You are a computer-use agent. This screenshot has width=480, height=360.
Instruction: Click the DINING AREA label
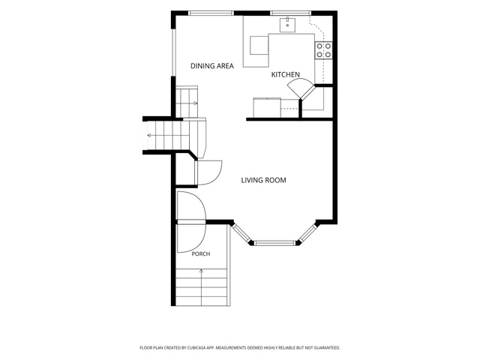[211, 66]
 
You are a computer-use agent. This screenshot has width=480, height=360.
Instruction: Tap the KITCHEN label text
[285, 74]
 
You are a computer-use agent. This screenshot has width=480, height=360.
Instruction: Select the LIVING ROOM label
[263, 180]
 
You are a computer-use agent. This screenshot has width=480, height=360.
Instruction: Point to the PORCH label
[201, 253]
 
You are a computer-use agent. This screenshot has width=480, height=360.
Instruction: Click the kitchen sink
[287, 25]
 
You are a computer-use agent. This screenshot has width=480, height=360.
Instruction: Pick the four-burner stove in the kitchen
[323, 50]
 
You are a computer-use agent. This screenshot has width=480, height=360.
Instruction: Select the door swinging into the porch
[192, 238]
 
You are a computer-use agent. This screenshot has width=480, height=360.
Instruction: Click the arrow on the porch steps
[202, 287]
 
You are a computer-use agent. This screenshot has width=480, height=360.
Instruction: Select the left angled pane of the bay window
[241, 233]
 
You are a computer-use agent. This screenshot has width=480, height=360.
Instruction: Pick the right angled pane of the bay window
[307, 233]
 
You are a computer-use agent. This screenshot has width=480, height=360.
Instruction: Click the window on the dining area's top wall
[211, 13]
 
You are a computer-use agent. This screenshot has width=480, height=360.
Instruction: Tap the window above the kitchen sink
[290, 13]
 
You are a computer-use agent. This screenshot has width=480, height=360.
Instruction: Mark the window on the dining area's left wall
[173, 52]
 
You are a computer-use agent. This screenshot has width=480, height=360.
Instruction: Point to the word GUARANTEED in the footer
[328, 348]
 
